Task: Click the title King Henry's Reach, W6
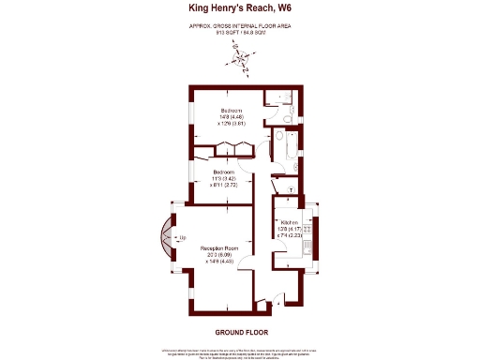tap(239, 8)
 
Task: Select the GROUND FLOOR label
tap(239, 332)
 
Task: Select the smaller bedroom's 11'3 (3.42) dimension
tap(223, 180)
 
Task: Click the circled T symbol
tap(292, 189)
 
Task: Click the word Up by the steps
tap(182, 239)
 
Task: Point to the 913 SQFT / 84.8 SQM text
tap(239, 32)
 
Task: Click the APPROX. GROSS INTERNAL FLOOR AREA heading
tap(239, 25)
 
